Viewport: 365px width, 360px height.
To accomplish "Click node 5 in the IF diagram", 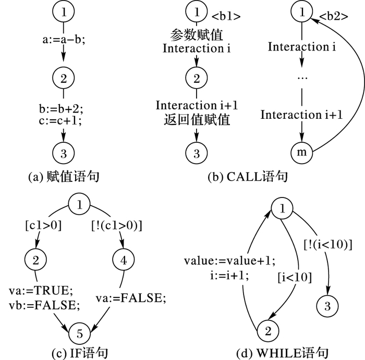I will pos(80,331).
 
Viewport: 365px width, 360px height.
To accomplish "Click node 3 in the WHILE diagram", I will pos(327,306).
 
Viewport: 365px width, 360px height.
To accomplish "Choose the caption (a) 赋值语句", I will pos(64,177).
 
